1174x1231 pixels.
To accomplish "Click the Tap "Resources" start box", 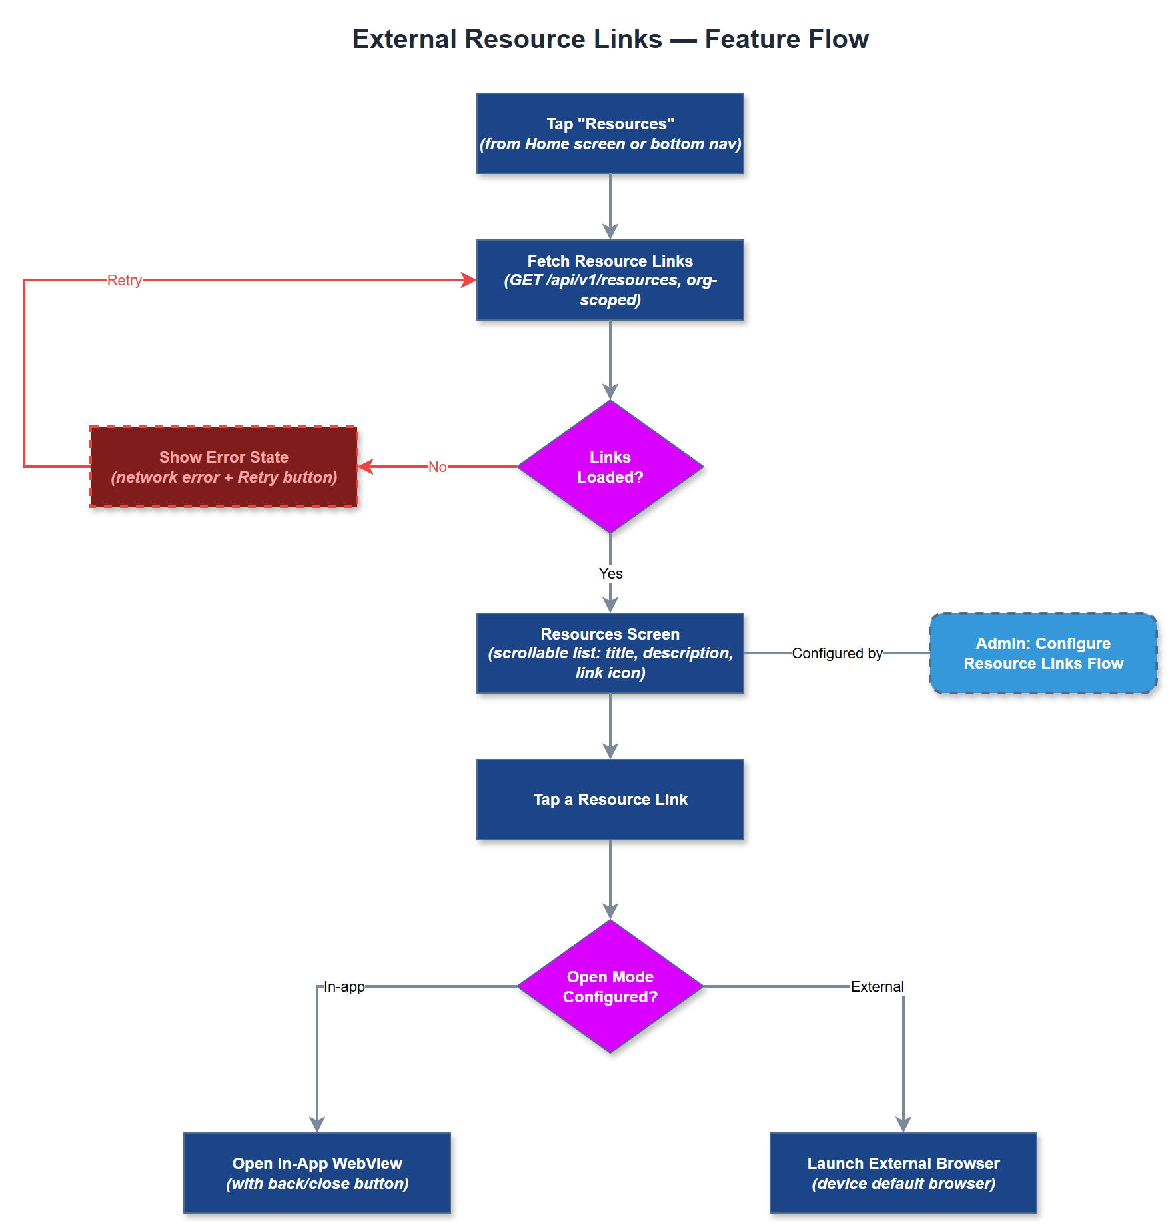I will coord(610,133).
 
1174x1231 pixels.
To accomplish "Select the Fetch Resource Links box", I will coord(610,280).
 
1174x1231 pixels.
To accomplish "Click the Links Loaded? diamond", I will coord(610,467).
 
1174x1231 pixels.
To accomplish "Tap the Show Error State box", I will coord(223,467).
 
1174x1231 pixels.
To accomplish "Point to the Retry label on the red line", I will coord(125,280).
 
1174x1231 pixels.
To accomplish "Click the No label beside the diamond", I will coord(437,467).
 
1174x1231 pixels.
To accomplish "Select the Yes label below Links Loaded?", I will coord(610,573).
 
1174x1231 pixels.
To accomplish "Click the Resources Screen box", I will coord(610,653).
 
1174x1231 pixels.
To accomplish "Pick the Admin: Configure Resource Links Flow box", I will coord(1043,653).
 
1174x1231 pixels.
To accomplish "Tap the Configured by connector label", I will coord(837,653).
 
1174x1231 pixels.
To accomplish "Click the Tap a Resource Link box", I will coord(610,800).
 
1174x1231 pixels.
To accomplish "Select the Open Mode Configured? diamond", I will coord(610,986).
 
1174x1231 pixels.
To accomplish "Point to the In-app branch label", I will coord(344,986).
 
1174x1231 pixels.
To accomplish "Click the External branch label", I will coord(877,986).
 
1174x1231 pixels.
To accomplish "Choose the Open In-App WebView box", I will coord(317,1173).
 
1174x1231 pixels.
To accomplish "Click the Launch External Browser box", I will coord(903,1173).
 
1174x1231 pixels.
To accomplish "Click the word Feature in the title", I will coord(751,39).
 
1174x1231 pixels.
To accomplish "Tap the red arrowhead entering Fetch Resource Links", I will coord(469,280).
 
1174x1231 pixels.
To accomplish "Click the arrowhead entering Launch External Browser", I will coord(903,1125).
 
